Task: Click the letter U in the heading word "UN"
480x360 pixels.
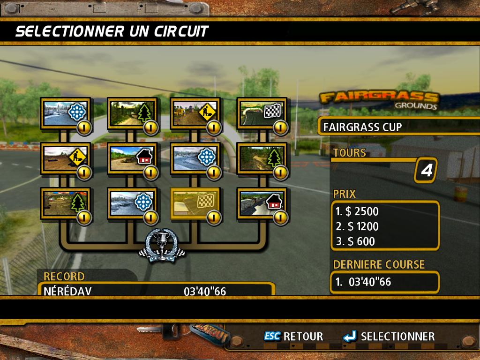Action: tap(135, 31)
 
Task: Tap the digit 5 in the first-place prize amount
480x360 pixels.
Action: tap(359, 211)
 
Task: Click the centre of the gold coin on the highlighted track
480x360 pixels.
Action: tap(214, 217)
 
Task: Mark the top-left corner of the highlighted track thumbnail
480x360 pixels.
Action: tap(171, 188)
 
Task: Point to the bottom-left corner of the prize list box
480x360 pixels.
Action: tap(331, 250)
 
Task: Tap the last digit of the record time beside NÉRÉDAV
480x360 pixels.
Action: tap(223, 292)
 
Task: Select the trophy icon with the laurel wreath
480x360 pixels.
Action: tap(162, 246)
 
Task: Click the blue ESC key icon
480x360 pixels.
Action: tap(272, 336)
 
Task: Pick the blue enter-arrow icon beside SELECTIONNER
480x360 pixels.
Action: tap(350, 336)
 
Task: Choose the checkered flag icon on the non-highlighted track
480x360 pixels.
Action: tap(272, 111)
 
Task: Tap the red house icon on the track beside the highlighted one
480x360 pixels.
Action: tap(275, 202)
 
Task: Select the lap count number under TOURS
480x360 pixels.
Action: tap(427, 170)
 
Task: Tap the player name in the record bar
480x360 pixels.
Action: tap(67, 291)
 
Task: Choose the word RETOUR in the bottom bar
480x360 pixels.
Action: tap(303, 337)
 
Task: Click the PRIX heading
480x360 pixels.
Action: tap(345, 194)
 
